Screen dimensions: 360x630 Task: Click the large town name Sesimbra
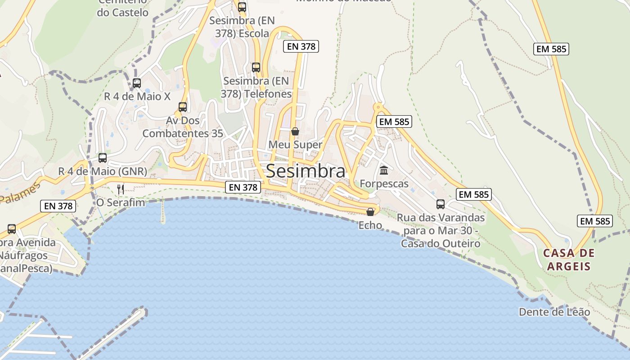click(306, 171)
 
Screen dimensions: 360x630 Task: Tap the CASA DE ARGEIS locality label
click(569, 260)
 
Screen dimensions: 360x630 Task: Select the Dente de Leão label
click(554, 312)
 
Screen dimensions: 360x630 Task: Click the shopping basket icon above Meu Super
click(295, 131)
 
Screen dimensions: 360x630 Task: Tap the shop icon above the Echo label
click(370, 211)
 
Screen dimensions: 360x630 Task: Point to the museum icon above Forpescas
click(384, 171)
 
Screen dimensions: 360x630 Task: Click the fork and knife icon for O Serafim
click(121, 189)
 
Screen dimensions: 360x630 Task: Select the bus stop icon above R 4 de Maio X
click(137, 83)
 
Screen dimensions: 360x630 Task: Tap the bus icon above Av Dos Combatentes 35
click(183, 107)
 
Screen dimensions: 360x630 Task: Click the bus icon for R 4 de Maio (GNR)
click(103, 158)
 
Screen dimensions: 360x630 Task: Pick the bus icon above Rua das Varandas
click(441, 204)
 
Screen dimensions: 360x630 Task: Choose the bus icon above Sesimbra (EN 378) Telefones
click(256, 67)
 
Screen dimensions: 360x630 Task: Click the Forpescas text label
click(384, 184)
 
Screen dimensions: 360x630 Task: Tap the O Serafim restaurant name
click(121, 202)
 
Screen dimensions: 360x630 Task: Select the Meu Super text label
click(295, 144)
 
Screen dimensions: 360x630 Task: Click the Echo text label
click(370, 225)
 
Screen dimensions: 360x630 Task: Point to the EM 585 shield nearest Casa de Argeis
click(594, 221)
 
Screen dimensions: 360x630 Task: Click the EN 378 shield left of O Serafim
click(58, 206)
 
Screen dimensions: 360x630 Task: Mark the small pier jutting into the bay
click(162, 211)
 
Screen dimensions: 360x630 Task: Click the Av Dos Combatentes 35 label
click(183, 127)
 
